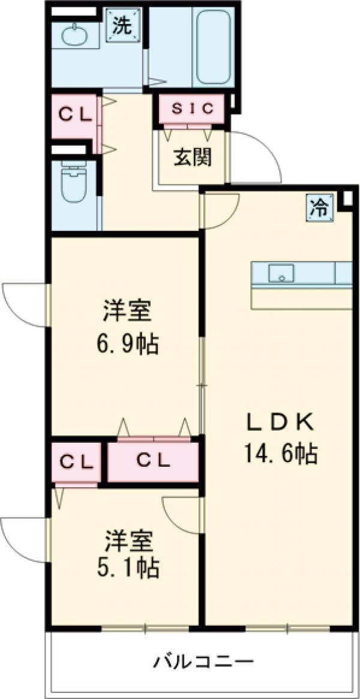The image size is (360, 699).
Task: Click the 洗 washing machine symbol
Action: tap(124, 26)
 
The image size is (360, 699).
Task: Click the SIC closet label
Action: tap(193, 109)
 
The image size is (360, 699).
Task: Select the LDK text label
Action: tap(280, 423)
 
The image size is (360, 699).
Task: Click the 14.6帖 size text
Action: tap(280, 454)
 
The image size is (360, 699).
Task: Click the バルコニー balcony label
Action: tap(202, 663)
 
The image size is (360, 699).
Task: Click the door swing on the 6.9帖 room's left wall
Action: tap(24, 305)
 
